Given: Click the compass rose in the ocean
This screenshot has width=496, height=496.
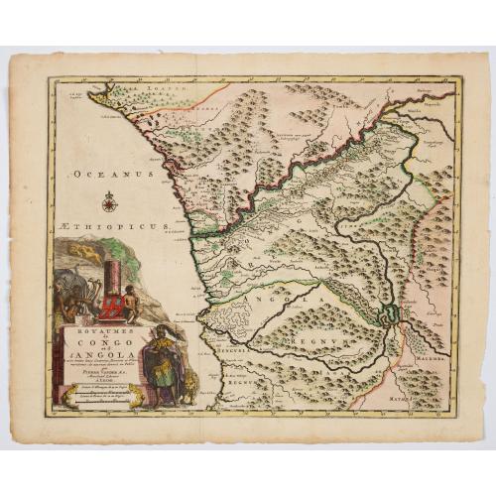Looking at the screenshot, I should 109,203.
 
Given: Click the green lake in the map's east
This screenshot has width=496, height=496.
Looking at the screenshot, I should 392,315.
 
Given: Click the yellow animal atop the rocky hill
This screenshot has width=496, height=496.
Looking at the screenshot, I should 87,254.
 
